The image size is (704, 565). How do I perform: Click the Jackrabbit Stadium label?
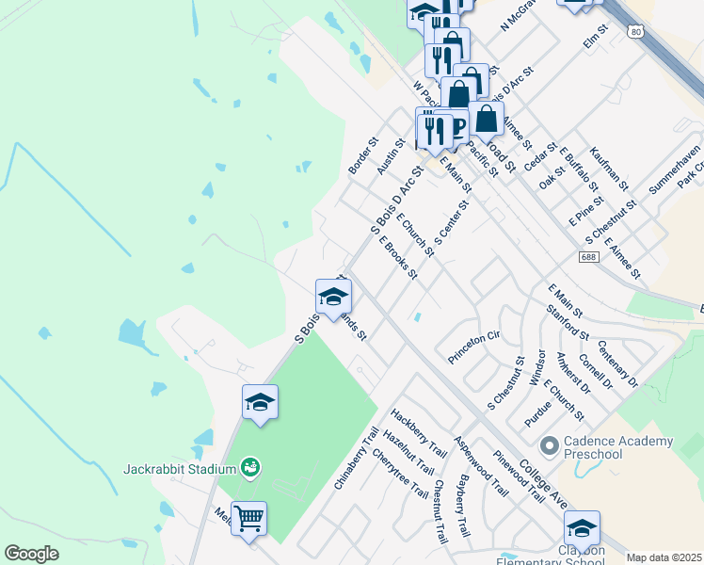(179, 468)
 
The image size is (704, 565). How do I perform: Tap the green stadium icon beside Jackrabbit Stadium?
(249, 466)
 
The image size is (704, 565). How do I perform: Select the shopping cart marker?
(248, 519)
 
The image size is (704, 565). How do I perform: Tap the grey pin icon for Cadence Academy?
(550, 443)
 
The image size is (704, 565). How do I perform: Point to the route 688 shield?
(589, 257)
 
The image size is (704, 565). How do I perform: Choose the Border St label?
(362, 155)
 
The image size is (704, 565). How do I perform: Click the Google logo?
(32, 554)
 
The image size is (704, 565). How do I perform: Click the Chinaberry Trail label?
(355, 456)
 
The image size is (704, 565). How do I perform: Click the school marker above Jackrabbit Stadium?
(260, 404)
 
